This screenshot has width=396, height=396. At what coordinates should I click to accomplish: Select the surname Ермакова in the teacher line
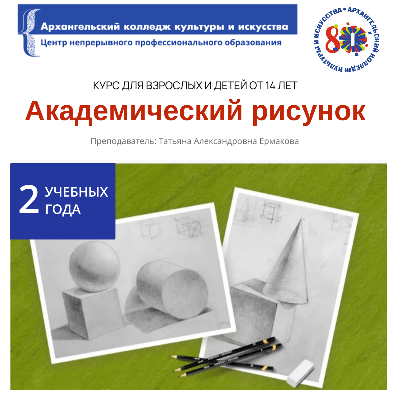click(x=279, y=141)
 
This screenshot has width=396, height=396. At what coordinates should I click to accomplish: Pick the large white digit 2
click(x=29, y=200)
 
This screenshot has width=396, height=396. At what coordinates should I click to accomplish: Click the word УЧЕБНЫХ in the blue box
click(x=76, y=192)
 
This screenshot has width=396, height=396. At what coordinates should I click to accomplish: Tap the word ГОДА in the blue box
click(x=63, y=210)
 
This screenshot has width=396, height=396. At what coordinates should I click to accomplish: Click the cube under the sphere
click(x=92, y=312)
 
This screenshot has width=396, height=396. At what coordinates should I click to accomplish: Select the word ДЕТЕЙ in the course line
click(x=230, y=86)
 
